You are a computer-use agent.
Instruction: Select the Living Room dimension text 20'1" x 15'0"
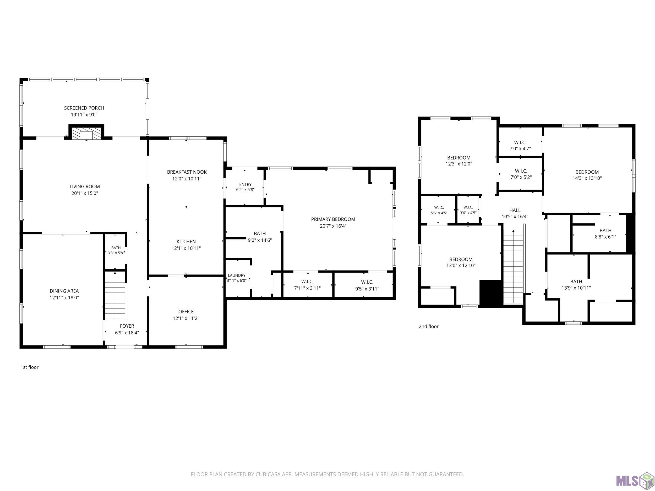coord(85,193)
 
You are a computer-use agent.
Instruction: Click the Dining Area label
coord(64,291)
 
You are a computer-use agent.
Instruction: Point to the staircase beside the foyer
coord(116,295)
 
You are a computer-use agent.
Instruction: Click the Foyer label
coord(127,326)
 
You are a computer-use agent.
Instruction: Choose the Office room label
coord(186,311)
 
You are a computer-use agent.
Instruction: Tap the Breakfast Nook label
coord(187,172)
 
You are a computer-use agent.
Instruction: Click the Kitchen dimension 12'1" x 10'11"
coord(186,248)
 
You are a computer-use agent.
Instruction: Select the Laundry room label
coord(237,275)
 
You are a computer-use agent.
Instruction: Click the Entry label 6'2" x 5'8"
coord(245,187)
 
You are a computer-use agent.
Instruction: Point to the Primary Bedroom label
coord(333,219)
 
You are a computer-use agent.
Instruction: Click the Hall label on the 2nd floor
coord(515,210)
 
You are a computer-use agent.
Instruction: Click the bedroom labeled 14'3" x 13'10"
coord(587,175)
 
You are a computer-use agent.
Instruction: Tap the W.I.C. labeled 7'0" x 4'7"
coord(520,145)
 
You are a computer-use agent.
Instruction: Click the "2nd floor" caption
coord(428,327)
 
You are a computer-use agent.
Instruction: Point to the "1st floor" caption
coord(30,367)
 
